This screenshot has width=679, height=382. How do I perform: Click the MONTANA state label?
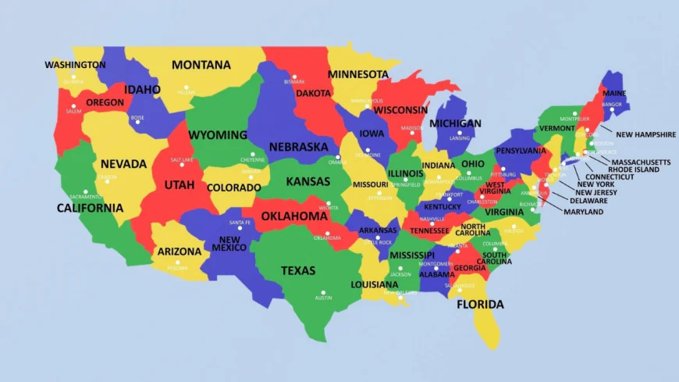(201, 65)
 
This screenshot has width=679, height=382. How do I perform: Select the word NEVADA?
(123, 164)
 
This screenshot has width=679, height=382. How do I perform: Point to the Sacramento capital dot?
(86, 191)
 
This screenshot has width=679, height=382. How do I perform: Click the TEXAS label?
(298, 271)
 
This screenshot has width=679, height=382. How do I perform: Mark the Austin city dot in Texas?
(323, 292)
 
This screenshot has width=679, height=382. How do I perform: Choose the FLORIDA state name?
(480, 305)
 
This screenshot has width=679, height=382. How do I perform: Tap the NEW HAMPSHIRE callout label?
(645, 134)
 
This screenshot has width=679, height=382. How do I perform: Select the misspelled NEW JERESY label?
(596, 193)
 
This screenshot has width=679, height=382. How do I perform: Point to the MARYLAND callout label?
(584, 212)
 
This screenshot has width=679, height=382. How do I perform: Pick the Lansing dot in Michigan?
(460, 132)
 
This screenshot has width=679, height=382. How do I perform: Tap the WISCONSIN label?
(401, 110)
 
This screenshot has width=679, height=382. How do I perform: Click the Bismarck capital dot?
(294, 77)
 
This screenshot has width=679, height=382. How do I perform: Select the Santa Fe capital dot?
(240, 228)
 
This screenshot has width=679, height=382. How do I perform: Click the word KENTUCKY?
(442, 207)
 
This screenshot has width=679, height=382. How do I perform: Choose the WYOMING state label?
(219, 134)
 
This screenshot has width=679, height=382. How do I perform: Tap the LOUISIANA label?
(374, 284)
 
